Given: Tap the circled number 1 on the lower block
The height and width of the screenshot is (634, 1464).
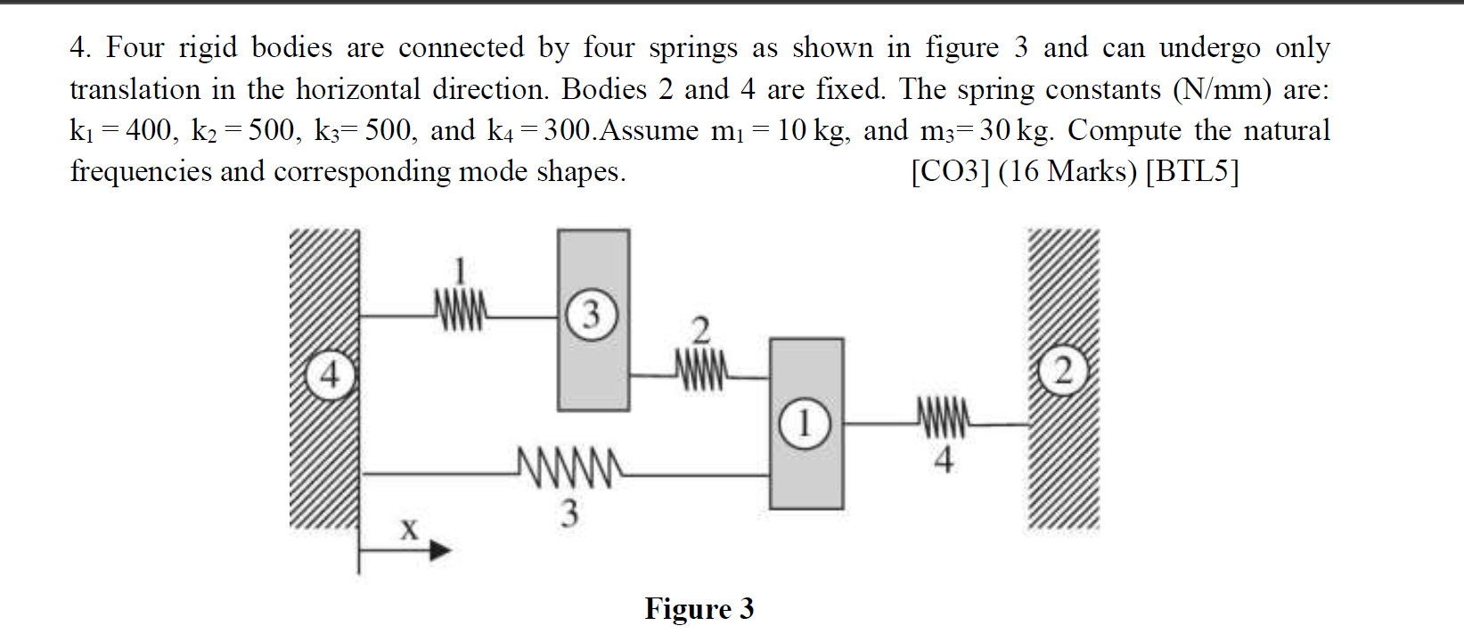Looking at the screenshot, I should pos(804,424).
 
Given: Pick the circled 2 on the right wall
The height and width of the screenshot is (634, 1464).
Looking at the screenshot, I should pos(1062,373).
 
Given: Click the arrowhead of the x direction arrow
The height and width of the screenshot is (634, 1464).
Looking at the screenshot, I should pos(440,551).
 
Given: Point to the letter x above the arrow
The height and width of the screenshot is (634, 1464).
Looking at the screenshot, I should pos(408,530).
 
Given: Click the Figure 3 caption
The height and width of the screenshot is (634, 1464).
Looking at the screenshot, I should pos(699,609).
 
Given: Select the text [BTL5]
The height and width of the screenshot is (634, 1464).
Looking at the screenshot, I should pos(1192,171).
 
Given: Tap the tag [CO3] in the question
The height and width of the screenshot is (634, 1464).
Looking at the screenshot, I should pos(950,171).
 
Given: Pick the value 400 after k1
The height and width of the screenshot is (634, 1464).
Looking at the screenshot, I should pos(151,131).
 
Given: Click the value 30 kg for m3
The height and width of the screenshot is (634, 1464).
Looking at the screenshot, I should pos(1014,131).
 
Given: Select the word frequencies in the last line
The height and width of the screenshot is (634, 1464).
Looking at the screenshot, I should pos(141,171).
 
